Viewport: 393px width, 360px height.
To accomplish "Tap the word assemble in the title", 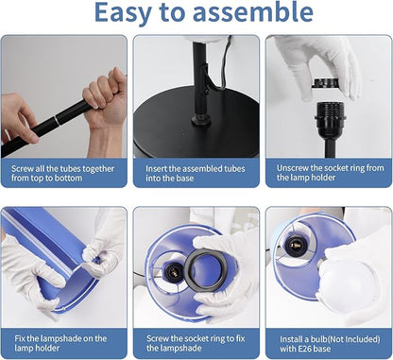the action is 253,12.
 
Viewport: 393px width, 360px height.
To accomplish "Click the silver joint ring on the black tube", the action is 56,120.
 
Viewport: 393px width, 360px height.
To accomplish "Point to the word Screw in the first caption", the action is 23,169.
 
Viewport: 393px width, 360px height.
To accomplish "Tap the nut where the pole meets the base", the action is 201,120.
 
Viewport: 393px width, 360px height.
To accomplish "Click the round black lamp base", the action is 196,123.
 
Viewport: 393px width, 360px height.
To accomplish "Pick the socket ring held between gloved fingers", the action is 326,83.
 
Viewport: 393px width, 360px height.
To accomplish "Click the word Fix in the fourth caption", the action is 20,339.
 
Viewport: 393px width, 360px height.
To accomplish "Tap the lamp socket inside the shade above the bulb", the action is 295,246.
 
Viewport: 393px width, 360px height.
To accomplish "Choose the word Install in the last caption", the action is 291,339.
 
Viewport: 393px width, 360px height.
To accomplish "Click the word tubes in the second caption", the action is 233,169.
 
